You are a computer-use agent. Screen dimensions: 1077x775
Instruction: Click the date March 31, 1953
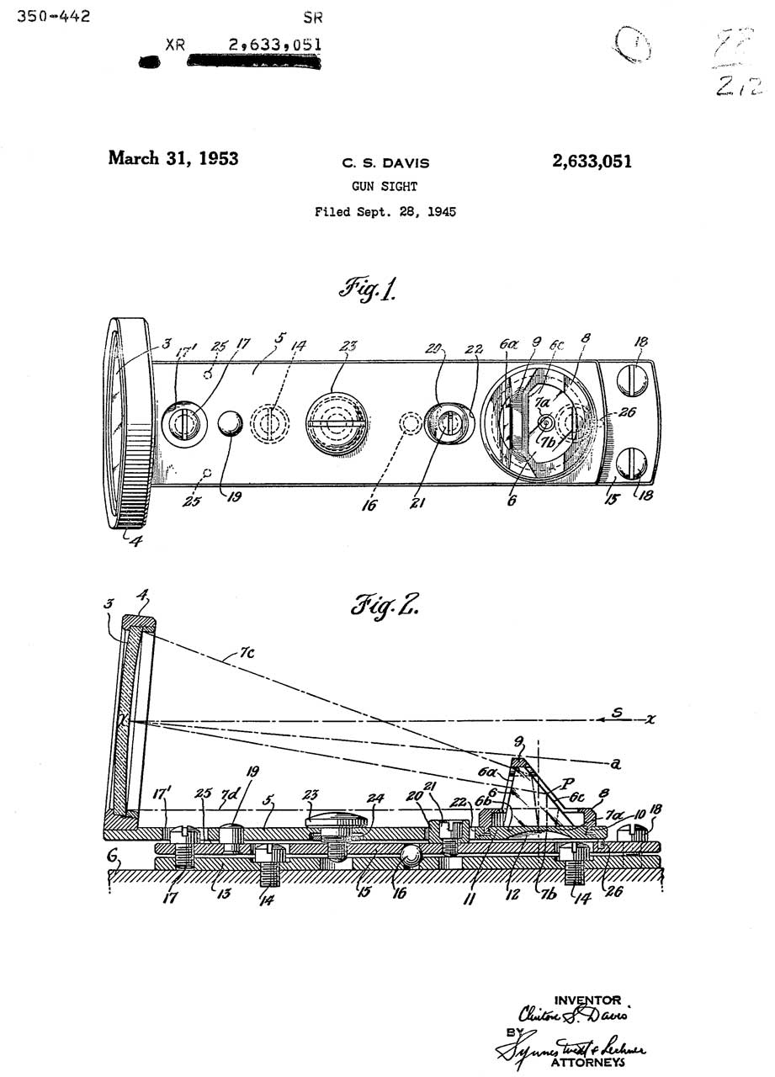coord(173,158)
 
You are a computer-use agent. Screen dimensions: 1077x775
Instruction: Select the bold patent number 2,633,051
coord(592,162)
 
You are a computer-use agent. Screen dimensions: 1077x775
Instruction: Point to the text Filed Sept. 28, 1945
coord(385,212)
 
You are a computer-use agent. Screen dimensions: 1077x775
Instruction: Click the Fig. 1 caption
coord(368,291)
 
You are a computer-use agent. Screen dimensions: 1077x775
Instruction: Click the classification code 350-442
coord(54,16)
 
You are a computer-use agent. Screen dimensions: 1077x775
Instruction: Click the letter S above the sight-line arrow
coord(616,713)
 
